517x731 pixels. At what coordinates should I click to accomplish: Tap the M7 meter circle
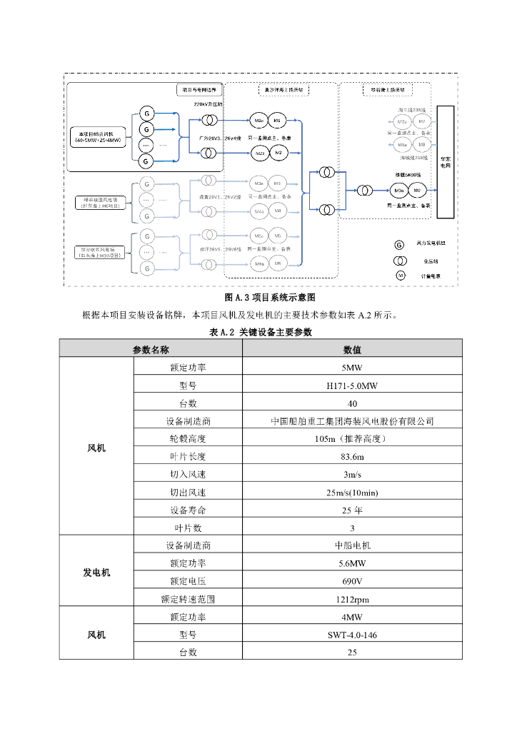[422, 122]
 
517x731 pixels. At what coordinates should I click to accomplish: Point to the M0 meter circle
[417, 191]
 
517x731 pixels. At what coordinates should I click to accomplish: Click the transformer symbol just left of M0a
[364, 191]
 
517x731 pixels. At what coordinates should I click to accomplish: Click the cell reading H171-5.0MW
[352, 386]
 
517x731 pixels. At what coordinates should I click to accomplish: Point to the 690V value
[352, 581]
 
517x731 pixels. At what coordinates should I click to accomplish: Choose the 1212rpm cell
[352, 599]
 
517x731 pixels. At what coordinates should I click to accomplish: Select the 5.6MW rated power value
[352, 563]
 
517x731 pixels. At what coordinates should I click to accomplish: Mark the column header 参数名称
[151, 351]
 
